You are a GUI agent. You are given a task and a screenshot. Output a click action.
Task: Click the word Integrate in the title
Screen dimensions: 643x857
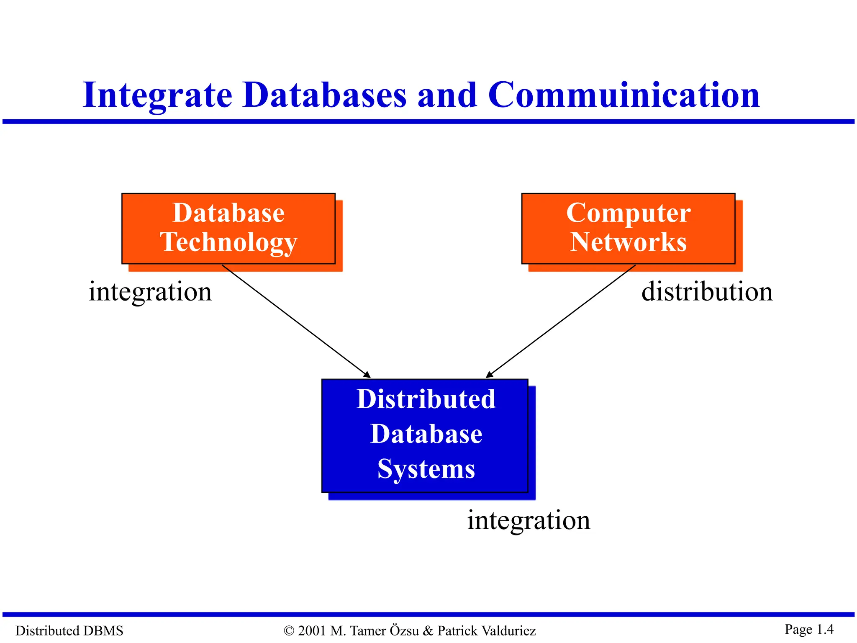pyautogui.click(x=157, y=95)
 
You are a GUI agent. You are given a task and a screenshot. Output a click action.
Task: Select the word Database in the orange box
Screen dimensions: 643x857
pyautogui.click(x=228, y=213)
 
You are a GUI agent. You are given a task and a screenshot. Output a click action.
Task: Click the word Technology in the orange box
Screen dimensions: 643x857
pyautogui.click(x=228, y=242)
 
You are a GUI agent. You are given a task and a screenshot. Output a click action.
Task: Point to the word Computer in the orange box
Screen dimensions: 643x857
pyautogui.click(x=628, y=213)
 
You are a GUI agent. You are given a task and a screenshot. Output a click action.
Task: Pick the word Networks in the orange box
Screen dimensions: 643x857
pyautogui.click(x=628, y=242)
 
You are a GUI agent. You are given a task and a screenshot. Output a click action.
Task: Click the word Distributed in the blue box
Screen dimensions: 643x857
pyautogui.click(x=426, y=399)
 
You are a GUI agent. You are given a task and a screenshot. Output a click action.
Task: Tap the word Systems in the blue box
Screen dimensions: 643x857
pyautogui.click(x=426, y=469)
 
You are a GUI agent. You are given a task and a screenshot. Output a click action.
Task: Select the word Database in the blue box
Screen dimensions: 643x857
pyautogui.click(x=426, y=434)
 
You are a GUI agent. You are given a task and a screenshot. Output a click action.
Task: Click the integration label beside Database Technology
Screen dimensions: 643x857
pyautogui.click(x=150, y=292)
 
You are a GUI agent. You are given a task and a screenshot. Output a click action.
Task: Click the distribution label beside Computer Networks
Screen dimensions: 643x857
pyautogui.click(x=707, y=292)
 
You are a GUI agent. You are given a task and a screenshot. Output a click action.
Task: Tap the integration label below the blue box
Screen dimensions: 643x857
pyautogui.click(x=529, y=520)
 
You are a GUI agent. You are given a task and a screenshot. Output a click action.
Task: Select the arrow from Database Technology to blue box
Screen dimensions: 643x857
pyautogui.click(x=296, y=321)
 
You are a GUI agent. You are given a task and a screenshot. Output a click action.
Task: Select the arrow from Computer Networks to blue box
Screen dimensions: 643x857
pyautogui.click(x=561, y=321)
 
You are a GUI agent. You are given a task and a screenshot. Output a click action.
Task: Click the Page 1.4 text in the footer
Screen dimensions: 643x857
pyautogui.click(x=809, y=629)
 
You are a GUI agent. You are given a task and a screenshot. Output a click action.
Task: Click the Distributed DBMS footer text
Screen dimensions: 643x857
pyautogui.click(x=69, y=630)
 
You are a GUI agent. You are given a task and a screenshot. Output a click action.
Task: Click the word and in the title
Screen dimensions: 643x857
pyautogui.click(x=447, y=95)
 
